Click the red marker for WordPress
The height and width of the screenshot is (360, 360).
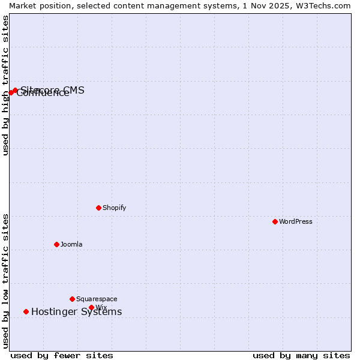click(x=275, y=221)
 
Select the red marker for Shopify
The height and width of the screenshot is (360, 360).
click(x=98, y=208)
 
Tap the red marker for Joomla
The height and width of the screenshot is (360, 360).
click(x=56, y=244)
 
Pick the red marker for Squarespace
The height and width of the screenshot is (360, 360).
click(x=72, y=299)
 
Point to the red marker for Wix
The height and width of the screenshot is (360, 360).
click(x=91, y=307)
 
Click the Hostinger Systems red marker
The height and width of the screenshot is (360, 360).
click(x=26, y=311)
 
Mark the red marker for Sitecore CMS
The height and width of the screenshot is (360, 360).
click(x=15, y=90)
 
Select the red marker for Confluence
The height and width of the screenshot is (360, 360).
click(x=10, y=92)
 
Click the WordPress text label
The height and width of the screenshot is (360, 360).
click(x=296, y=221)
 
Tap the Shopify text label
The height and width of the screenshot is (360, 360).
click(x=114, y=208)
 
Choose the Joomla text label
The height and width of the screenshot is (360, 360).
click(x=71, y=244)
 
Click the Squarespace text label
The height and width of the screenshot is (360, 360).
click(x=97, y=299)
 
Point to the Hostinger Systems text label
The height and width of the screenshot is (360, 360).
click(x=76, y=311)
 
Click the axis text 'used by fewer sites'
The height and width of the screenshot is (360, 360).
click(x=62, y=355)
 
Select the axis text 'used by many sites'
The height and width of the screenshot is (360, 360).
click(x=301, y=355)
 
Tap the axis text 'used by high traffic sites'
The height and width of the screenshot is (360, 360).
click(x=5, y=85)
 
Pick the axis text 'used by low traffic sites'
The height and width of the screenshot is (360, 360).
click(x=5, y=281)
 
